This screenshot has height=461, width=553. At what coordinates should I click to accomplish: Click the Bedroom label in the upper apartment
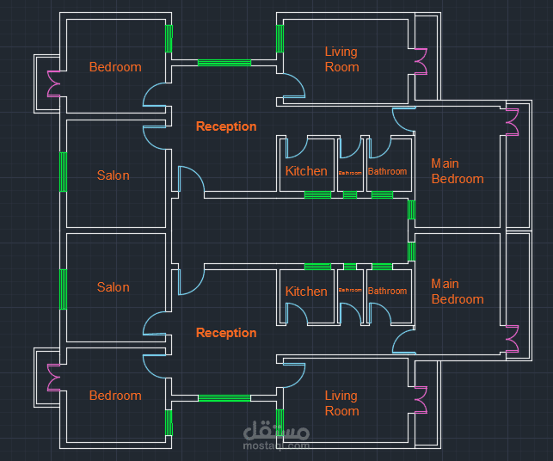[x=115, y=67]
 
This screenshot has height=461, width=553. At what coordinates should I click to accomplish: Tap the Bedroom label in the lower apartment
[x=115, y=396]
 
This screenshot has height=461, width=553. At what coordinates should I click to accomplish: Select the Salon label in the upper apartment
[x=113, y=175]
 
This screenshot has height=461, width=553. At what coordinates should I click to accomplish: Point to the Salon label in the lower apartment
[x=113, y=287]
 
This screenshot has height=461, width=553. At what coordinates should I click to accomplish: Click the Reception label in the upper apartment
[x=226, y=126]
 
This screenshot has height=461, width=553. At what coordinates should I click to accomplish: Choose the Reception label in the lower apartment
[x=226, y=333]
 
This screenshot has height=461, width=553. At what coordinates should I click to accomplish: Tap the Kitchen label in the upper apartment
[x=306, y=171]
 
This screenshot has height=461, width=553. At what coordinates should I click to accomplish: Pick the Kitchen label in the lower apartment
[x=306, y=292]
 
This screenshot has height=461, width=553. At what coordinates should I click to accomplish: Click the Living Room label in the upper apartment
[x=341, y=59]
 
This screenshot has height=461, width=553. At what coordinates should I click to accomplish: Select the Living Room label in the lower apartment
[x=341, y=403]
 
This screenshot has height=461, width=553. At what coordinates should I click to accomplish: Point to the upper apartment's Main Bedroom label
[x=457, y=171]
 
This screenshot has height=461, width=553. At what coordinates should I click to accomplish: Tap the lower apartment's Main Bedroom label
[x=457, y=292]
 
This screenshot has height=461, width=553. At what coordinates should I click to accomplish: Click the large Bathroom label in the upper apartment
[x=387, y=171]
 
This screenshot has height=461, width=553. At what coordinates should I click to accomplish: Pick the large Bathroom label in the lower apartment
[x=387, y=291]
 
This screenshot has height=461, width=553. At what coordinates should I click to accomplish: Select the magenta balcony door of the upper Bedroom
[x=52, y=83]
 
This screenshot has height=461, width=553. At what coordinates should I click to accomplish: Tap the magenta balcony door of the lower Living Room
[x=421, y=401]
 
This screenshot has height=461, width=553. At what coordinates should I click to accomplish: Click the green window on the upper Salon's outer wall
[x=63, y=172]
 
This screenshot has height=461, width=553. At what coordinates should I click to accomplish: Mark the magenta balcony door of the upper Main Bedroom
[x=513, y=122]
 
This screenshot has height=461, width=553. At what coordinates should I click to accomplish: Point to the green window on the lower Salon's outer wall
[x=63, y=289]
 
